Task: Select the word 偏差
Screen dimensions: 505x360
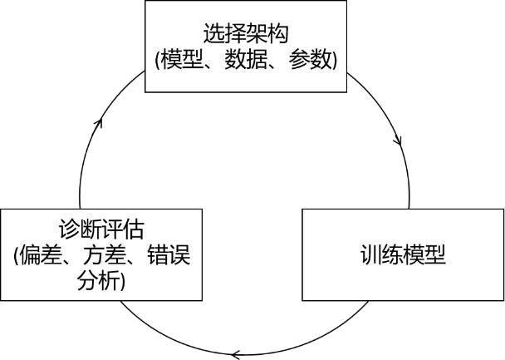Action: (x=39, y=255)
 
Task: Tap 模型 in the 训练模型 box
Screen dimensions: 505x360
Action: (x=425, y=255)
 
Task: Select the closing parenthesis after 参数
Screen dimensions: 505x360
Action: (x=334, y=61)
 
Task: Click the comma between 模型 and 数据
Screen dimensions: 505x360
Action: (x=208, y=66)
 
